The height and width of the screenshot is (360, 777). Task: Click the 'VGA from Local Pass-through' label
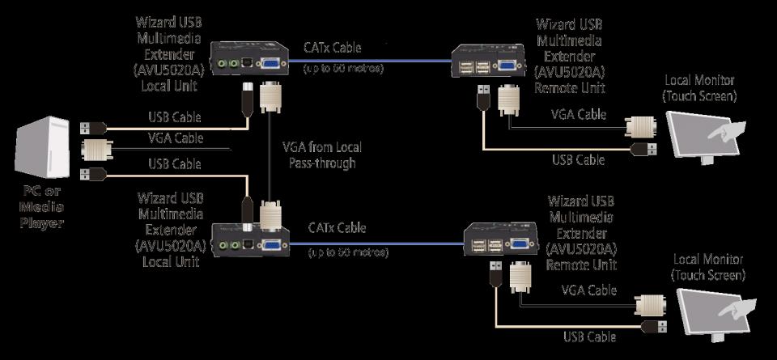[x=321, y=155]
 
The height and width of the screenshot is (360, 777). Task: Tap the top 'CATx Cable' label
[x=333, y=49]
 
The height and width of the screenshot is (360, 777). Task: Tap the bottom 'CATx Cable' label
[x=337, y=229]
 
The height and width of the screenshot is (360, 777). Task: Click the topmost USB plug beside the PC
[x=92, y=127]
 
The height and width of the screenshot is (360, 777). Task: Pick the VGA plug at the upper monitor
[x=641, y=126]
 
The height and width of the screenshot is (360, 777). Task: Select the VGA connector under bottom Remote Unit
[x=518, y=277]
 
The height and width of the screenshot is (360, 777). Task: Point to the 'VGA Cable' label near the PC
[x=175, y=138]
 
